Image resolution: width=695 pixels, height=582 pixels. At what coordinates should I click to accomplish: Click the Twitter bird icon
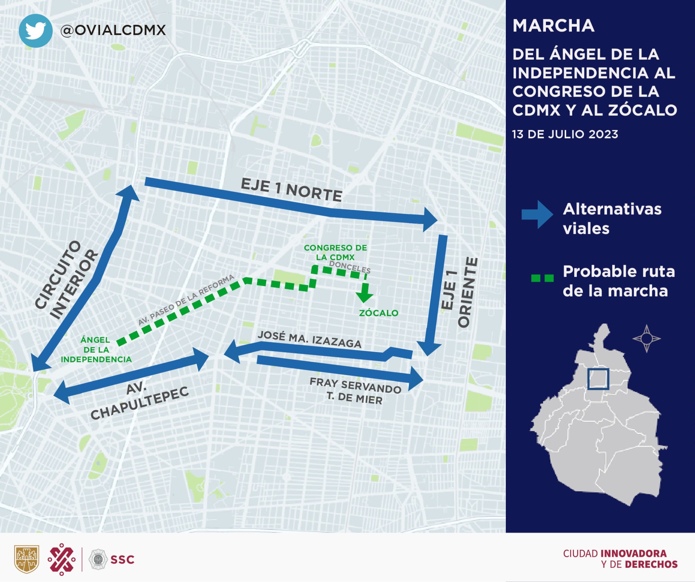(35, 30)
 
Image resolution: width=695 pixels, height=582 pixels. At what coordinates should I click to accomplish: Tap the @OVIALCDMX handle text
(113, 30)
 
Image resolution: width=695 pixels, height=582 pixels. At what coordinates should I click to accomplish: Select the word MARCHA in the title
(553, 26)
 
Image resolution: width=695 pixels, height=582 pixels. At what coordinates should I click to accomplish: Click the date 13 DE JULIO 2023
(565, 134)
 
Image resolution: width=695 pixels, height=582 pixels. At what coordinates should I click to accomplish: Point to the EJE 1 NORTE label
(291, 190)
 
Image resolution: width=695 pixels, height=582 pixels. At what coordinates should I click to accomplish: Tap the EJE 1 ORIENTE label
(459, 292)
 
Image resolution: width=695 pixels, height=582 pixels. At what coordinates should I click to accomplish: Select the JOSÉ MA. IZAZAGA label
(309, 339)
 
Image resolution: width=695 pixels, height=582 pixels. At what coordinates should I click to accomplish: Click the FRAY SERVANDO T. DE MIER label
(355, 391)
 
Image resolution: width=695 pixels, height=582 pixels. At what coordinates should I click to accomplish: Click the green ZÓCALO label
(379, 313)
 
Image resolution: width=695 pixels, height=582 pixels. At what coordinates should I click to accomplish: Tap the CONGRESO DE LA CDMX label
(335, 252)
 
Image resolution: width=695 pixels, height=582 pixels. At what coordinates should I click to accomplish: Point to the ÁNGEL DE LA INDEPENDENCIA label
(96, 349)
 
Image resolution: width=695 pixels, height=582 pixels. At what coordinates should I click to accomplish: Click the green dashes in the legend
(542, 278)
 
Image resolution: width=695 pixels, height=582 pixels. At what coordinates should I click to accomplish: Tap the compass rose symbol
(646, 338)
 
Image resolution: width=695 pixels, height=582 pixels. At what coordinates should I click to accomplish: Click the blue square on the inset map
(598, 379)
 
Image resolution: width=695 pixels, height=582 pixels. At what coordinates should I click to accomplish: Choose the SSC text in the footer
(122, 560)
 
